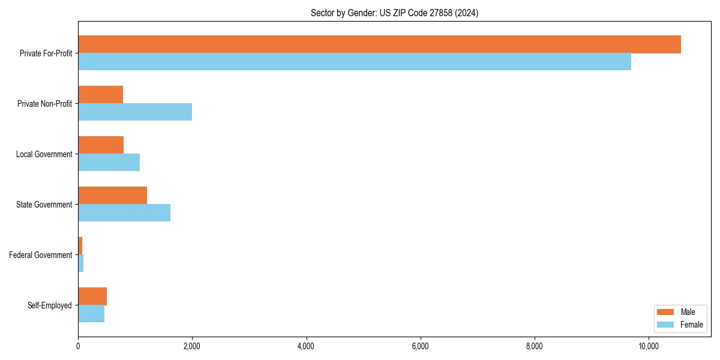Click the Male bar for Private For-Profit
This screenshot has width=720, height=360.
379,44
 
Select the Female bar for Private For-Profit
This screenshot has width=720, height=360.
354,62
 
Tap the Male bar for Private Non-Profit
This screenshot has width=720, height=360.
100,95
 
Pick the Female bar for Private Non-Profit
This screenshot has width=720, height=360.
135,112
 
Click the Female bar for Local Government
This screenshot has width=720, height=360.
109,163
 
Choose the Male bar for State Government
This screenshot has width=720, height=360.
112,196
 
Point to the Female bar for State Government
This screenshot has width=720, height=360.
124,213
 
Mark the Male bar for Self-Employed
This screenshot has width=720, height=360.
92,296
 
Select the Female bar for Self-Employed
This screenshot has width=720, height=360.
91,314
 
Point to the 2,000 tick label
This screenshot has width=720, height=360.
192,346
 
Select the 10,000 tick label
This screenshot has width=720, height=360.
649,346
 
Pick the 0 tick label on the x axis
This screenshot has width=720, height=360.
78,346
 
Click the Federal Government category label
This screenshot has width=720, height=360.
41,255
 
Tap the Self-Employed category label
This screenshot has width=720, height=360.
50,305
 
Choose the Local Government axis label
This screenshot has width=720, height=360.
44,154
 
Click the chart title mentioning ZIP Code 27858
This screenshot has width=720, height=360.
394,13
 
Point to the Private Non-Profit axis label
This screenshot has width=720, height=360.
45,104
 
